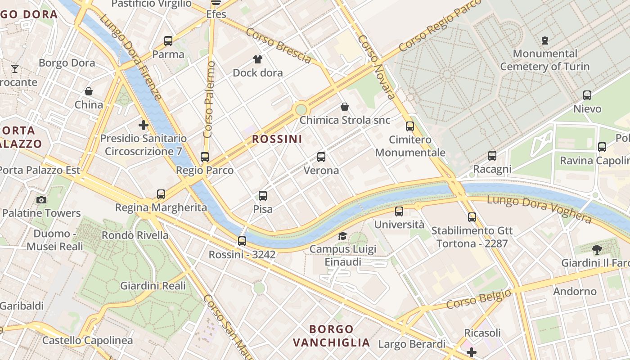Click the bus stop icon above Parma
tap(168, 41)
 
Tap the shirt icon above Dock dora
tap(258, 59)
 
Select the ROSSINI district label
tap(277, 139)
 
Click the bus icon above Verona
tap(321, 157)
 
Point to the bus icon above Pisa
tap(263, 196)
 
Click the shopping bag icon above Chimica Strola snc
tap(345, 107)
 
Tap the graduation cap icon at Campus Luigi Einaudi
tap(343, 236)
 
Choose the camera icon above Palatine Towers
tap(41, 200)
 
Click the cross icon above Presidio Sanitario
tap(144, 125)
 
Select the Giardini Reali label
tap(153, 286)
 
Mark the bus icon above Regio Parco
tap(205, 157)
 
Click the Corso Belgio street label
tap(479, 299)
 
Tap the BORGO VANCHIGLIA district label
tap(331, 336)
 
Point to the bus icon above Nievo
tap(587, 95)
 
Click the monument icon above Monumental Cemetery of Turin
tap(545, 40)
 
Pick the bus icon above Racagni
tap(492, 156)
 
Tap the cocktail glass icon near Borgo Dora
tap(15, 69)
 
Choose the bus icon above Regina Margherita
tap(161, 194)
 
